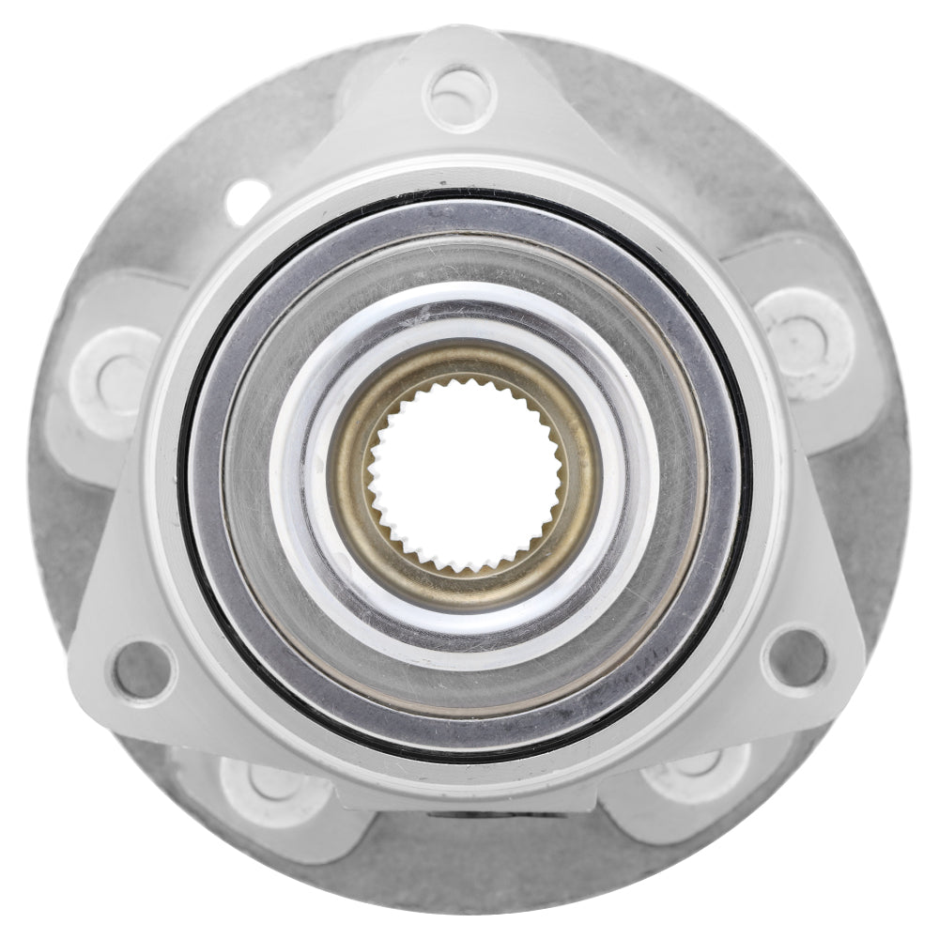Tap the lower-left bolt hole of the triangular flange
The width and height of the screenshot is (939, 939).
coord(142,670)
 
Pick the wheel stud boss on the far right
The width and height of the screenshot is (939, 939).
coord(806,331)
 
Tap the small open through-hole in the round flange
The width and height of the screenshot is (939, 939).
coord(247,199)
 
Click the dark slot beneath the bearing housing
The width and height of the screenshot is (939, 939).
coord(498,813)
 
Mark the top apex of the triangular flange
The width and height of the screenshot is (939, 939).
coord(460,38)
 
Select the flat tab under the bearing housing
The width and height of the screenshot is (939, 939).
coord(469,798)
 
